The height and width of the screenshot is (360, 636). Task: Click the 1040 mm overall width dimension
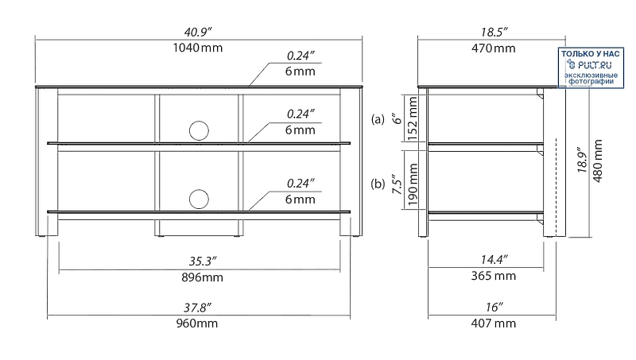point(198,48)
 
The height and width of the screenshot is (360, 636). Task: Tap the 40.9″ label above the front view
point(198,32)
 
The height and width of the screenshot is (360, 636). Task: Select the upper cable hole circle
point(199,130)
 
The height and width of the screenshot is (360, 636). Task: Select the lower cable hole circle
point(199,199)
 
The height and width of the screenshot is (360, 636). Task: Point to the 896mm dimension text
point(202,277)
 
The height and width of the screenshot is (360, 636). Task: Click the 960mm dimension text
point(197,323)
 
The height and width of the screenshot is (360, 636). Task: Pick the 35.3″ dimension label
point(203,261)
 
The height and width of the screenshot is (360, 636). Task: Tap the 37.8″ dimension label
point(197,308)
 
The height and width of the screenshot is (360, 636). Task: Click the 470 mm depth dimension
point(493,48)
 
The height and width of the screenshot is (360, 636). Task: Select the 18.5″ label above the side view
point(494,32)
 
